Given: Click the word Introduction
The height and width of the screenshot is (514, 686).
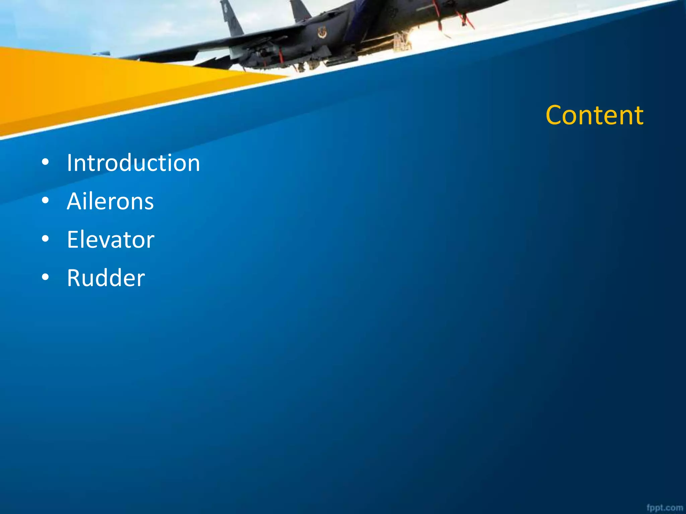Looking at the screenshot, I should coord(133,163).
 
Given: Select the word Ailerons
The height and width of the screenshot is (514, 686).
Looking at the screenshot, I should coord(110,201).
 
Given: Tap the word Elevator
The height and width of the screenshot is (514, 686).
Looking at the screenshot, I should coord(111,240).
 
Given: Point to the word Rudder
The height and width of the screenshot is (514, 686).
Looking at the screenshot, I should coord(106,278).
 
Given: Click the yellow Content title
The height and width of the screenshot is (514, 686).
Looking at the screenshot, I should coord(594,115).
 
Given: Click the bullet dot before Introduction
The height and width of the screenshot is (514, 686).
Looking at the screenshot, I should coord(46,163).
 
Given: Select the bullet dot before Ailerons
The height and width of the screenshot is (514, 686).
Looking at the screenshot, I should coord(46,201).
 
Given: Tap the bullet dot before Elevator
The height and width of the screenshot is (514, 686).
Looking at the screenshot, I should coord(46,239).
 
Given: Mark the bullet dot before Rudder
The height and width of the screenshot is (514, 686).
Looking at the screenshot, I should coord(46,277).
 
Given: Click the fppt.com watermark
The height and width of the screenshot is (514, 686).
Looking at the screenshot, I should coord(665,508).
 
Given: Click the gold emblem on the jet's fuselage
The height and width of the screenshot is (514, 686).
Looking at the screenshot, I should coord(322,33).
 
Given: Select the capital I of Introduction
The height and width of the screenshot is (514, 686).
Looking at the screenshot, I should coord(69,163).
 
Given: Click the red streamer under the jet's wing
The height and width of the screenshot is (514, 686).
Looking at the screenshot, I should coord(281,56).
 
